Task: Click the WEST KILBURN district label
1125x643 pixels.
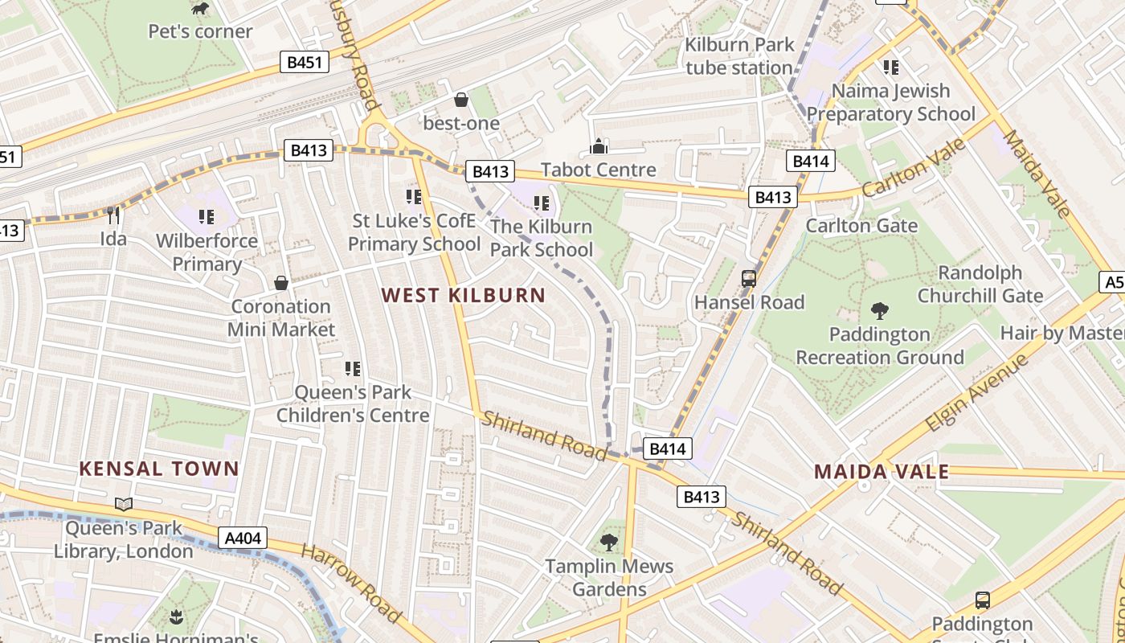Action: [464, 295]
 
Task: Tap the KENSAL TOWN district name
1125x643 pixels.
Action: [159, 469]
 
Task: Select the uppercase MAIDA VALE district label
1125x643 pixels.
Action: [882, 472]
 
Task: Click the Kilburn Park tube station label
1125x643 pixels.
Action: [739, 56]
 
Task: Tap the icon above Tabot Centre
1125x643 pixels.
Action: [599, 146]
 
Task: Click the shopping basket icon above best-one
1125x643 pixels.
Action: [461, 100]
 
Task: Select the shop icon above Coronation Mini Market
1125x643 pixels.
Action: [281, 283]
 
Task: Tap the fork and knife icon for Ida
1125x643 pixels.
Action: [113, 215]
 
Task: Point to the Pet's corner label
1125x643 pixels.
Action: [200, 31]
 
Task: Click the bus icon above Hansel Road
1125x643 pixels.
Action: [749, 279]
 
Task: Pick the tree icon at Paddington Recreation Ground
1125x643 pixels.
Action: [880, 310]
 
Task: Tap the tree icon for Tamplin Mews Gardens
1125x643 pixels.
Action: [609, 543]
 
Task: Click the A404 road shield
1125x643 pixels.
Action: [242, 538]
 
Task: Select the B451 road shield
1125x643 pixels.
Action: [305, 62]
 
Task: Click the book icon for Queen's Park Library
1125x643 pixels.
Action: [123, 504]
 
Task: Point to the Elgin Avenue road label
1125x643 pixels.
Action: [976, 393]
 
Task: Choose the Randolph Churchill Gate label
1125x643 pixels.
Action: [980, 285]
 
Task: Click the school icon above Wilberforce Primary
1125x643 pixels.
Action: [207, 216]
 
